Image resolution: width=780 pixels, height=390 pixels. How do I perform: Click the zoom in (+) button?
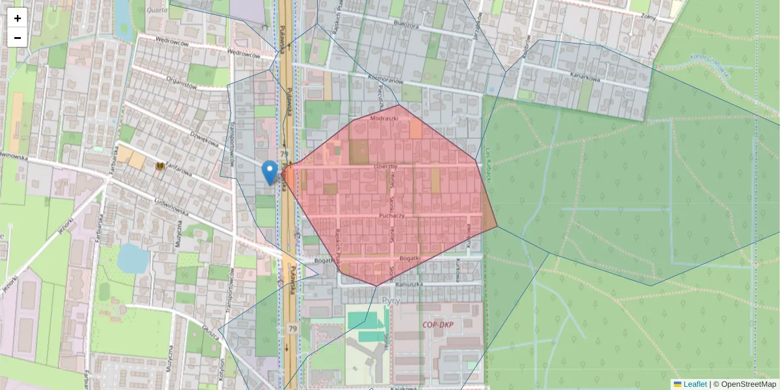(x=18, y=18)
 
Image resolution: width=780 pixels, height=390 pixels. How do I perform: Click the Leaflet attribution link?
(x=694, y=384)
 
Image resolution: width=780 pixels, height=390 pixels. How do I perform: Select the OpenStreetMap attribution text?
(x=747, y=384)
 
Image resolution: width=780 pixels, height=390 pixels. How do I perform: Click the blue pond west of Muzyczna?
(x=133, y=257)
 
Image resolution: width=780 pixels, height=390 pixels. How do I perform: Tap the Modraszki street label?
(x=383, y=120)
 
